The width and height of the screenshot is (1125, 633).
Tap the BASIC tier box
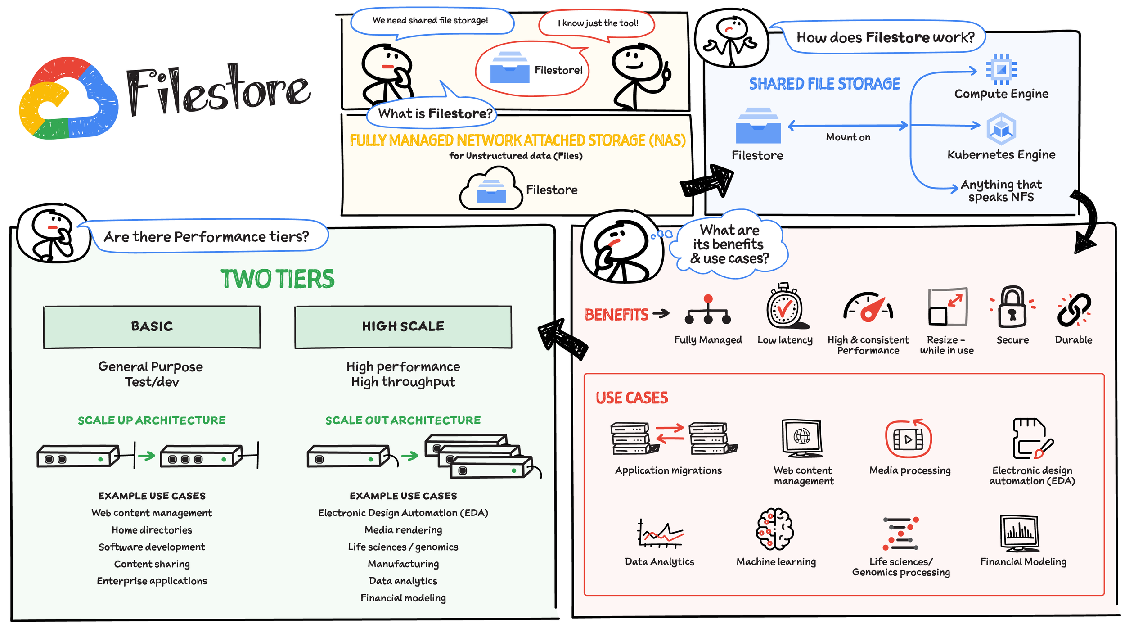pyautogui.click(x=152, y=327)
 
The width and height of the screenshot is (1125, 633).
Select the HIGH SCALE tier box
pyautogui.click(x=403, y=327)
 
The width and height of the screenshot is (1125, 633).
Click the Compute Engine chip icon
pyautogui.click(x=1001, y=69)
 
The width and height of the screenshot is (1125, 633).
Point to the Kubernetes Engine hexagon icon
pyautogui.click(x=1001, y=129)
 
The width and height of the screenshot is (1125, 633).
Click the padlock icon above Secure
pyautogui.click(x=1012, y=308)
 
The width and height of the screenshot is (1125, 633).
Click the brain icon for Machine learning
pyautogui.click(x=775, y=529)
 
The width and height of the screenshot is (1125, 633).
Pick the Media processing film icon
pyautogui.click(x=908, y=439)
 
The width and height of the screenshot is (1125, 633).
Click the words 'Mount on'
pyautogui.click(x=848, y=137)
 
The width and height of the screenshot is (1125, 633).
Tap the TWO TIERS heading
pyautogui.click(x=277, y=279)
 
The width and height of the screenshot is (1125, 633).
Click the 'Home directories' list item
pyautogui.click(x=152, y=530)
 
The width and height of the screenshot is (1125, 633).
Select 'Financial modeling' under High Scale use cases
pyautogui.click(x=403, y=598)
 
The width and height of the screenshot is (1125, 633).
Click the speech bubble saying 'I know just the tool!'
pyautogui.click(x=597, y=23)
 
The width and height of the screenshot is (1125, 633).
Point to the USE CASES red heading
pyautogui.click(x=631, y=398)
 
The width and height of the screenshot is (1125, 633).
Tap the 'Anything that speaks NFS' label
pyautogui.click(x=1001, y=191)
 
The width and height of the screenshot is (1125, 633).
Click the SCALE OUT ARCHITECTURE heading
pyautogui.click(x=403, y=420)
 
